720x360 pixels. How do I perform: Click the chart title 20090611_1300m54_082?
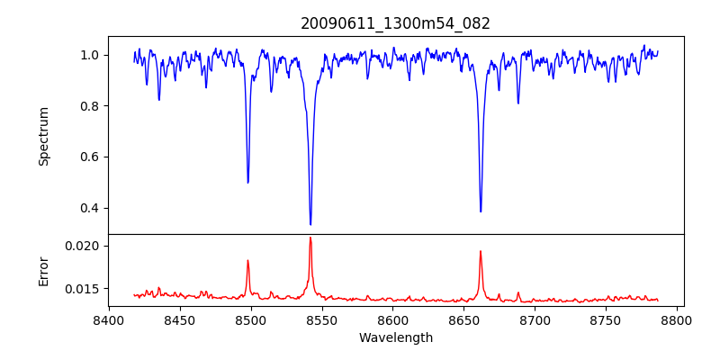pos(396,24)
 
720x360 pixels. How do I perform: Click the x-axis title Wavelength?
pos(396,338)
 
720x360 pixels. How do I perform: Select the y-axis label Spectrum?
pos(44,136)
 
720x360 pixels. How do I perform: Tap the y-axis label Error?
pos(44,270)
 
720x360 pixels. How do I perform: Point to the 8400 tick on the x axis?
pos(109,319)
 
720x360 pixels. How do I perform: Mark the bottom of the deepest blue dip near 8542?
pos(310,224)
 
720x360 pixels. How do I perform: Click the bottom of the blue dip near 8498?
pos(247,183)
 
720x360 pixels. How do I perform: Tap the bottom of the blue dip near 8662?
pos(481,211)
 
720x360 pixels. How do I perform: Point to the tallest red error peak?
pos(310,238)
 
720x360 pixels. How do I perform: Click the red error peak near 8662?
pos(481,251)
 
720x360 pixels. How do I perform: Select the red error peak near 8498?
pos(247,261)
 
